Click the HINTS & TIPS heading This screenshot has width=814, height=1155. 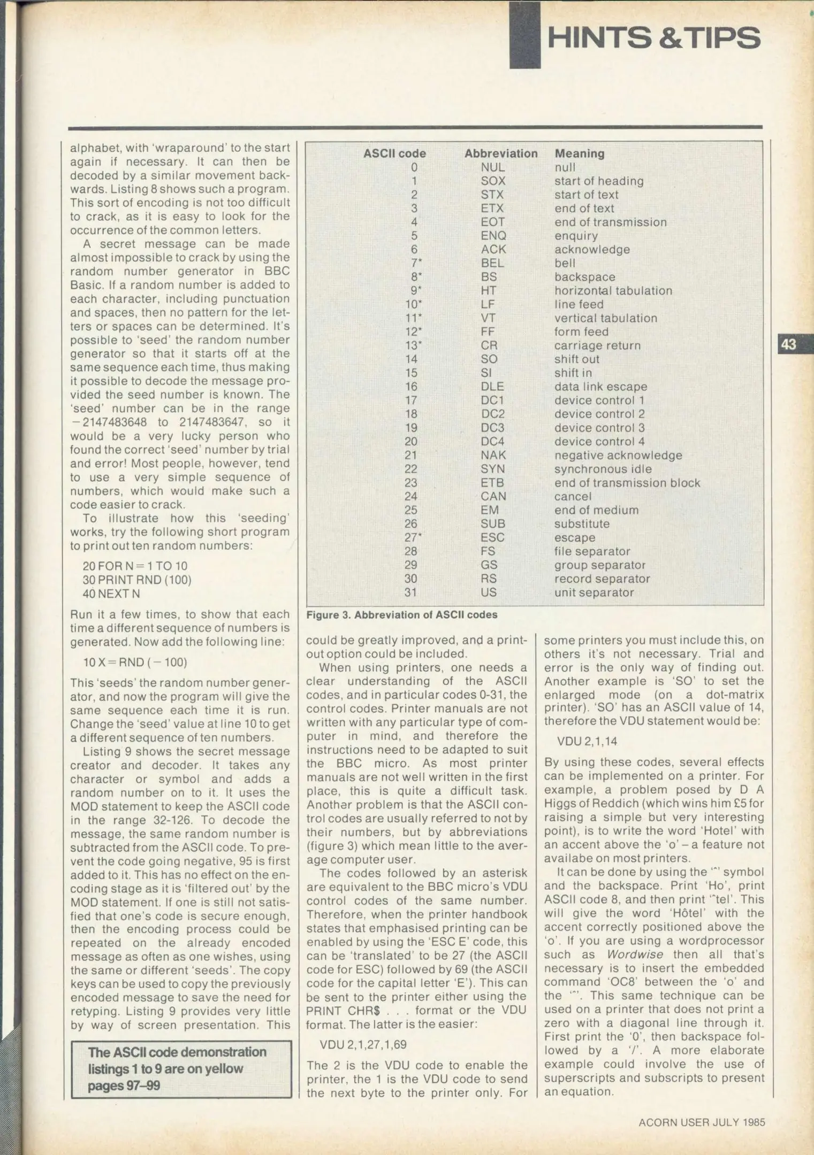tap(653, 38)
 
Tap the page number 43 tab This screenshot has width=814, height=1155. tap(789, 344)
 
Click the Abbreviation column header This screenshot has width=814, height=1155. tap(500, 153)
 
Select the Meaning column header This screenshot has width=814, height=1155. tap(579, 153)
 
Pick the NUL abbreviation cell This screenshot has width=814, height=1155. tap(492, 167)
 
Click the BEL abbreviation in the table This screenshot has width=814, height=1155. tap(492, 263)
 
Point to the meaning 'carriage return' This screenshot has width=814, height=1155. tap(597, 345)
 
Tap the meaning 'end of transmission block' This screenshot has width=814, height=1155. tap(627, 483)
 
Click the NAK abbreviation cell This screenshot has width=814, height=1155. tap(493, 455)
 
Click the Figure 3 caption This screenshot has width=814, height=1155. tap(401, 615)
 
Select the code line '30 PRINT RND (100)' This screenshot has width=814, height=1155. tap(137, 580)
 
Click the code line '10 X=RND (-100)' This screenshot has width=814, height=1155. tap(135, 663)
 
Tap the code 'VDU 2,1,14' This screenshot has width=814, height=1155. tap(587, 741)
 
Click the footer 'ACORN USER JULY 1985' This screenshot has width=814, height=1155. tap(702, 1122)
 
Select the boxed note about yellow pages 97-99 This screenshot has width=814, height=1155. tap(181, 1069)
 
